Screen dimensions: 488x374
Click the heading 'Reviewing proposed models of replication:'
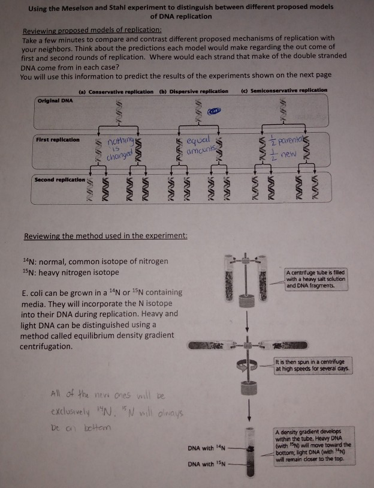pyautogui.click(x=91, y=30)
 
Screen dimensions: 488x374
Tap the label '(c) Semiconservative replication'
pyautogui.click(x=283, y=90)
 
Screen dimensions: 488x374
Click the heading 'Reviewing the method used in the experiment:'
pyautogui.click(x=105, y=235)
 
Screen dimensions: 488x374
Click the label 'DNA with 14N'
pyautogui.click(x=206, y=447)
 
